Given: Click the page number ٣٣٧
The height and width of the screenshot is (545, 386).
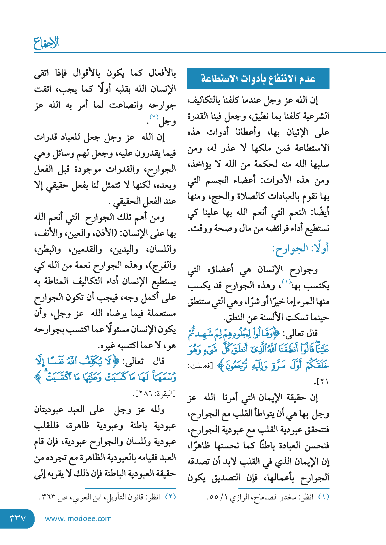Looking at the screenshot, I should coord(18,518).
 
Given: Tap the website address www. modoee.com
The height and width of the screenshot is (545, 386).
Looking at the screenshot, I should coord(78,518).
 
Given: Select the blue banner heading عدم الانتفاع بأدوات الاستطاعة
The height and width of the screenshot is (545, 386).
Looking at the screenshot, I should coord(258,78).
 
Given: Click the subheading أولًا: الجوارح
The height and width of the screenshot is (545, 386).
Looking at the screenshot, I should coord(301,249).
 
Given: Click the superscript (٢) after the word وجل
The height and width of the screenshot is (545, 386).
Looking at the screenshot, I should coord(154,117).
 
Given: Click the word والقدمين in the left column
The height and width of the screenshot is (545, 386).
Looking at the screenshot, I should coord(86,249).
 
